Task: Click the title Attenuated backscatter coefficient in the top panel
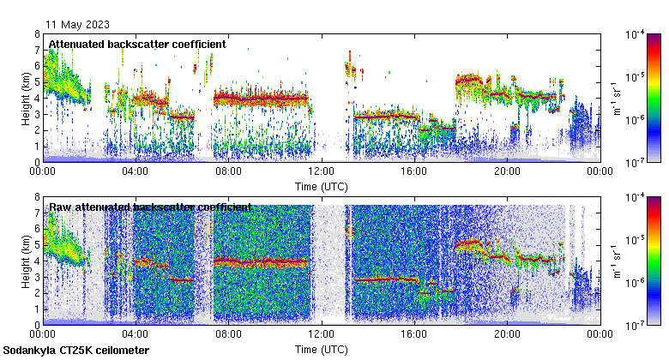pos(137,44)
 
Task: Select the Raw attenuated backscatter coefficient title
pos(150,207)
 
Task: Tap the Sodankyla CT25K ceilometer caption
pos(76,351)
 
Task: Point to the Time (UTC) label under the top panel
pos(321,186)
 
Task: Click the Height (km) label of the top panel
pos(26,98)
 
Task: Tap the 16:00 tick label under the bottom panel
pos(413,335)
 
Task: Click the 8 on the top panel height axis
pos(37,34)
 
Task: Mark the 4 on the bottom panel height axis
pos(37,261)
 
